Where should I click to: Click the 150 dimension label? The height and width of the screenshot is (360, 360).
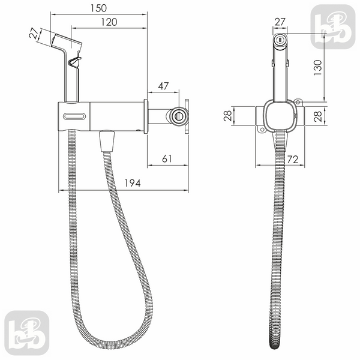(98, 8)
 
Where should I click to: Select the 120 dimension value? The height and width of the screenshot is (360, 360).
(109, 22)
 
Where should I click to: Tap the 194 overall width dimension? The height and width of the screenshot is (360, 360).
(133, 183)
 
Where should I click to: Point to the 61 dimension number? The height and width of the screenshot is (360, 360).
(167, 158)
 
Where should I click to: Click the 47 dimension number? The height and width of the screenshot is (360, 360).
(163, 86)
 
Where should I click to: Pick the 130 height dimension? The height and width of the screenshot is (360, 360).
(318, 67)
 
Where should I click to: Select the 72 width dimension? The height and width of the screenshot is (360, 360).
(293, 160)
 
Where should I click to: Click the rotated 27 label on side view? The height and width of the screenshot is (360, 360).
(34, 33)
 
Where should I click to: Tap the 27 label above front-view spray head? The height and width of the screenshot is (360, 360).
(280, 22)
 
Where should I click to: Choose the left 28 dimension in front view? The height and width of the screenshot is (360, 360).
(227, 116)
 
